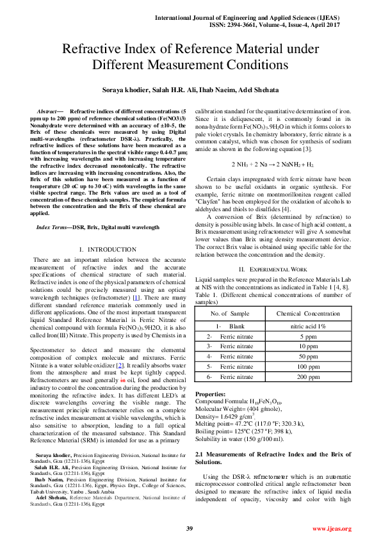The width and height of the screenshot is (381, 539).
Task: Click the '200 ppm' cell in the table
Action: pos(308,377)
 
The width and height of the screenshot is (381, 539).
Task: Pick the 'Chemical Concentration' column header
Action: pos(308,313)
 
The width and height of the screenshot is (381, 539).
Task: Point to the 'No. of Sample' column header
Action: pos(230,313)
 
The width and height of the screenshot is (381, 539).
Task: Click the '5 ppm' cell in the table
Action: pos(308,336)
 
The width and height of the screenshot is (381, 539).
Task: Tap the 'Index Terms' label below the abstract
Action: pos(53,227)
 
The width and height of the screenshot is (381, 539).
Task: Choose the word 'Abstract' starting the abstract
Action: pos(48,111)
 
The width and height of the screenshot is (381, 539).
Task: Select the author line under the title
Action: pos(190,90)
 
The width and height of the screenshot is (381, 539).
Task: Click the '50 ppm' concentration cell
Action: pos(308,357)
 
